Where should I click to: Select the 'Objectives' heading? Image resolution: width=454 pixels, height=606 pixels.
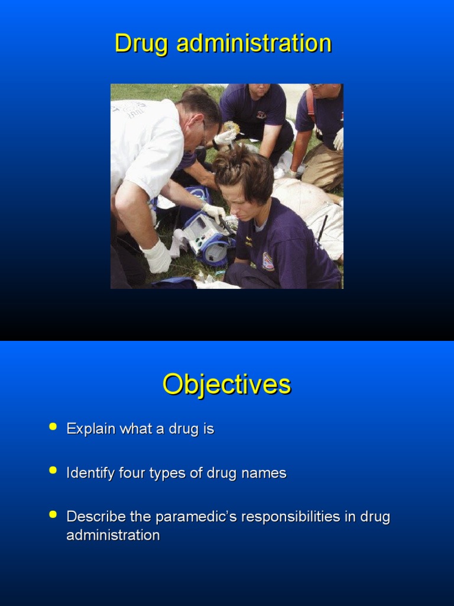click(227, 385)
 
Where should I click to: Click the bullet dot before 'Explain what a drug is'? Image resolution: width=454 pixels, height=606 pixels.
click(53, 426)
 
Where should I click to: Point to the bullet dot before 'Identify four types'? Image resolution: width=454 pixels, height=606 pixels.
click(53, 470)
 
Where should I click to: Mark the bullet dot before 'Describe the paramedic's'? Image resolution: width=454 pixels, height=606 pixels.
click(53, 514)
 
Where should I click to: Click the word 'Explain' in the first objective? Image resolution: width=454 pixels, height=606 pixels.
click(91, 429)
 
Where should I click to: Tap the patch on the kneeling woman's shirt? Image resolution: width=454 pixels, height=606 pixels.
click(268, 261)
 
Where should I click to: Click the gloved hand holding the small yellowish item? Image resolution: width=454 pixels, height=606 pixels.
click(225, 137)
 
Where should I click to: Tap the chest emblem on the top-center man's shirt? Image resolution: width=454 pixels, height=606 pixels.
click(261, 115)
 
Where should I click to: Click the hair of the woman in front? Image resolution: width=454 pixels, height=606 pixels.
click(242, 169)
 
